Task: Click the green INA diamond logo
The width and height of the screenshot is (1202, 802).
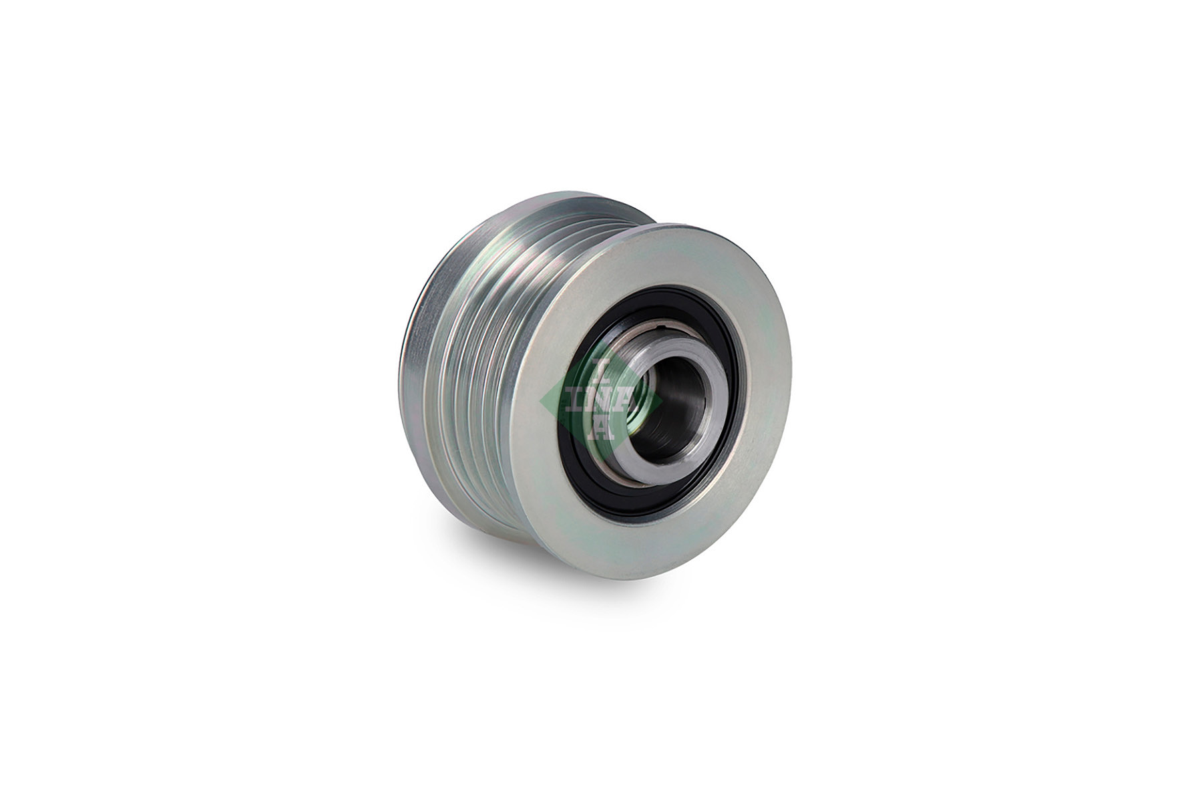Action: coord(600,401)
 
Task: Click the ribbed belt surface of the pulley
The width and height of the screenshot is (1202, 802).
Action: coord(481,301)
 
